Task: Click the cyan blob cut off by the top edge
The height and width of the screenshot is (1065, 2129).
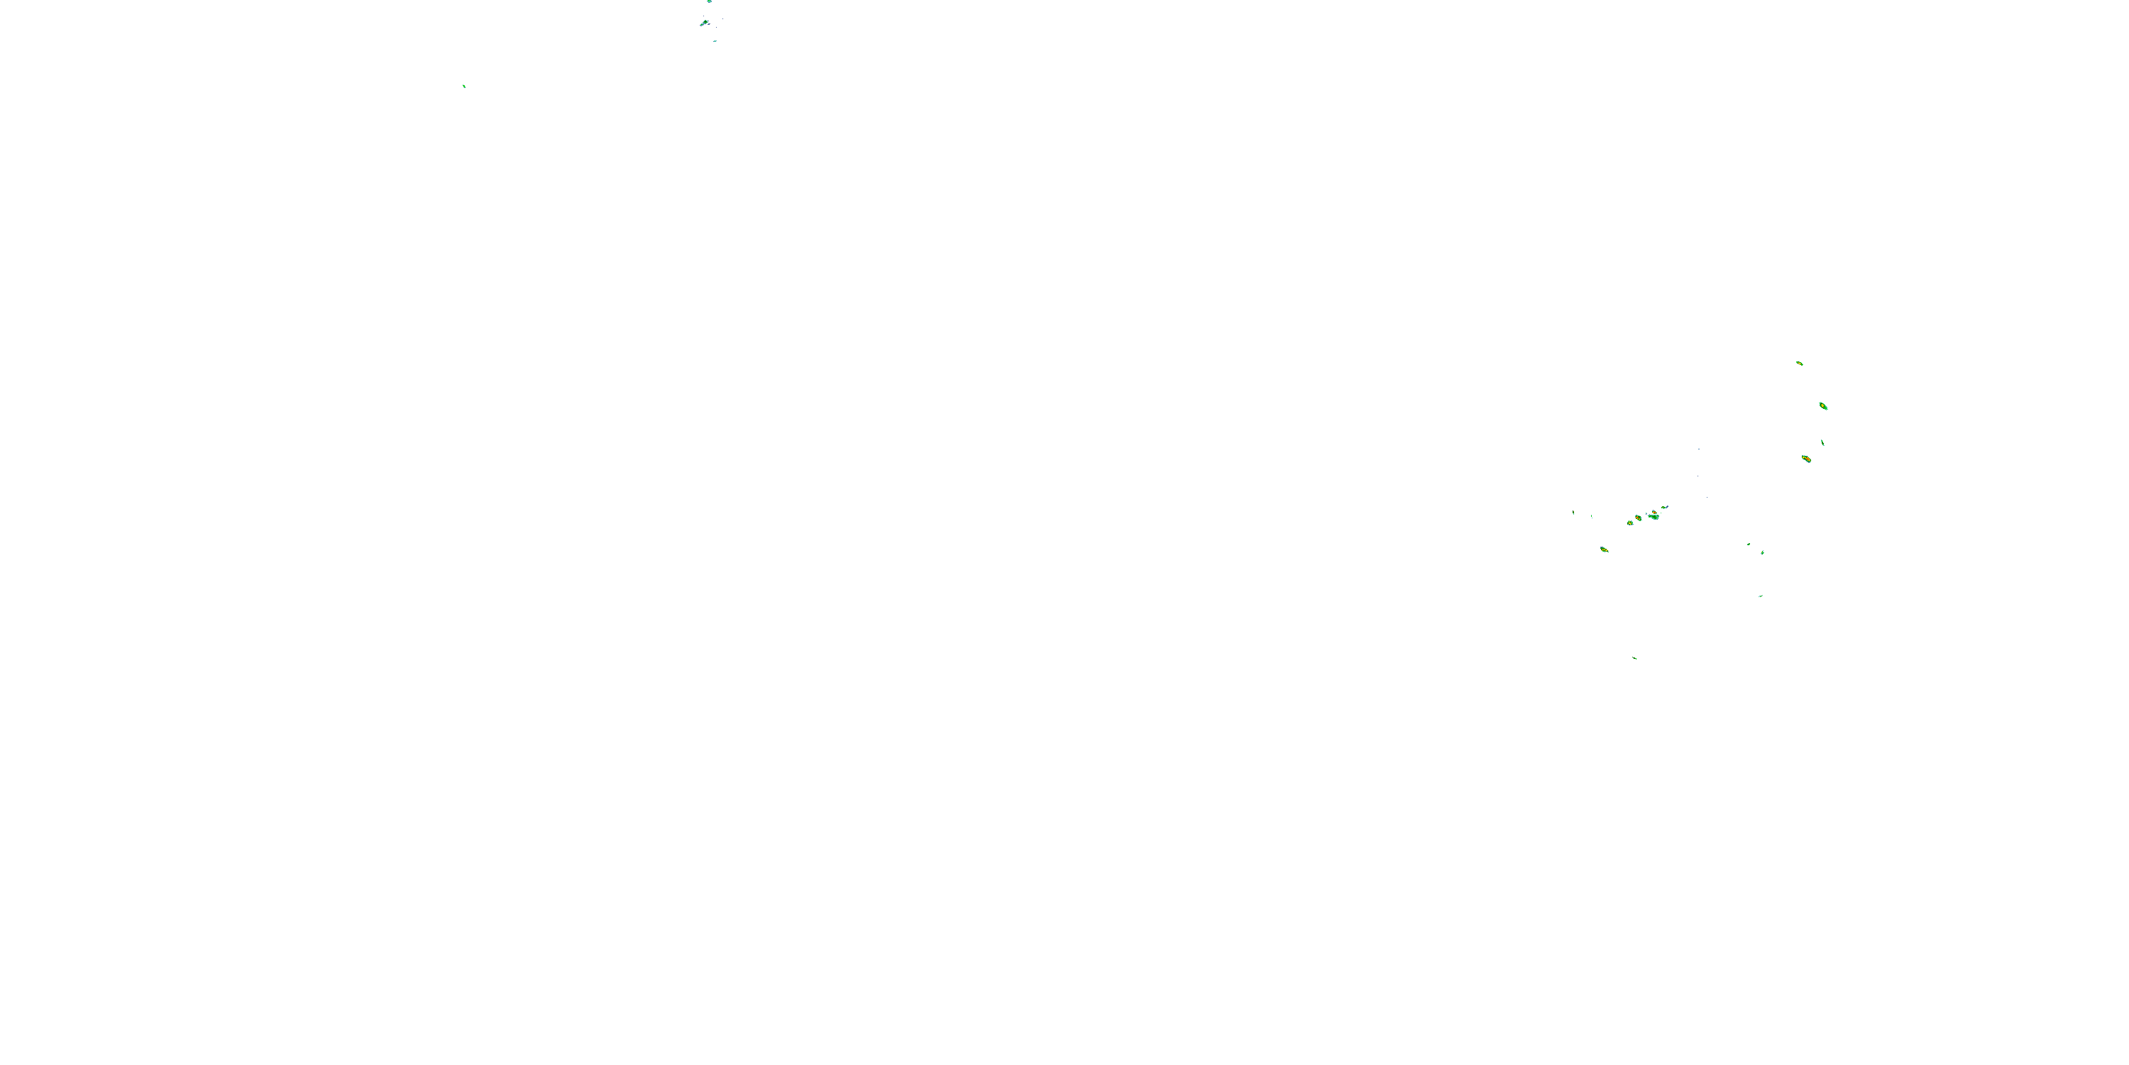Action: pyautogui.click(x=709, y=1)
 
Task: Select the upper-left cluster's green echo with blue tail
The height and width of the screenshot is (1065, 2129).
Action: pyautogui.click(x=705, y=21)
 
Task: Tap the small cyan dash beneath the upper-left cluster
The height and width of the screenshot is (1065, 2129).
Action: pyautogui.click(x=715, y=40)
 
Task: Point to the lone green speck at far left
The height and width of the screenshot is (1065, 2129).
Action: pyautogui.click(x=463, y=85)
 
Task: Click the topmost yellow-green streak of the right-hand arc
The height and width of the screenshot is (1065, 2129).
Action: pyautogui.click(x=1799, y=363)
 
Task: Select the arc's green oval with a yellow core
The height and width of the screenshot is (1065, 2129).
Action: pyautogui.click(x=1823, y=406)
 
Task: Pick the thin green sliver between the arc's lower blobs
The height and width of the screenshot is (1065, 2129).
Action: pyautogui.click(x=1822, y=442)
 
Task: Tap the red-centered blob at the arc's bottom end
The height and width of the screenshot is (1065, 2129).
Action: pyautogui.click(x=1806, y=458)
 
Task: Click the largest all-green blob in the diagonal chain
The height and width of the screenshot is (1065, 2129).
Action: pyautogui.click(x=1653, y=517)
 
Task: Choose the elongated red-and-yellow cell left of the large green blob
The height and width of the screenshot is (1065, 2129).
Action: pyautogui.click(x=1638, y=518)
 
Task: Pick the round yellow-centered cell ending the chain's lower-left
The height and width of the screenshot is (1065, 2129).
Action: pyautogui.click(x=1630, y=523)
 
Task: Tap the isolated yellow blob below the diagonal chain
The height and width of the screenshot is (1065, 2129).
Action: pyautogui.click(x=1604, y=549)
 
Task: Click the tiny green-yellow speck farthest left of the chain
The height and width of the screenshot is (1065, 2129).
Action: pyautogui.click(x=1573, y=513)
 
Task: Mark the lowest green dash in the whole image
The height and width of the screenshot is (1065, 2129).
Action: pyautogui.click(x=1635, y=658)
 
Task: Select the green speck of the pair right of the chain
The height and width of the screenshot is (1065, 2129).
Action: pyautogui.click(x=1749, y=544)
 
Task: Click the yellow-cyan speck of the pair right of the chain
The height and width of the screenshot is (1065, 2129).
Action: pyautogui.click(x=1763, y=552)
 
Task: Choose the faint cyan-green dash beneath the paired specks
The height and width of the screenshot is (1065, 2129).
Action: pyautogui.click(x=1761, y=596)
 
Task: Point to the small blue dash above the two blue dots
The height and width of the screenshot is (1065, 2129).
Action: pyautogui.click(x=1699, y=449)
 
